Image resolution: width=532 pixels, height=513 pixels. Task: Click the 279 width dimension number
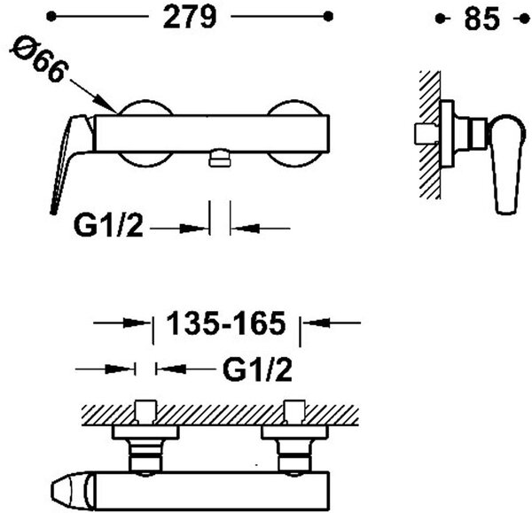[x=190, y=17]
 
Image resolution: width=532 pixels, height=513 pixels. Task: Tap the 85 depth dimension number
[x=481, y=19]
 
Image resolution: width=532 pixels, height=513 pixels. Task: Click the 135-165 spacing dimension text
[x=226, y=323]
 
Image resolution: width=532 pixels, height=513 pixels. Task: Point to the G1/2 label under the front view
[x=108, y=226]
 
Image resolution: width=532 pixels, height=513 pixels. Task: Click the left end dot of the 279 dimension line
[x=51, y=16]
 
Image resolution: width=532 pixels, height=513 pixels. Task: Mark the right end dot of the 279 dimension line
[x=328, y=16]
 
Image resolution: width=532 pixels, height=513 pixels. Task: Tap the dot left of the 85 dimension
[x=440, y=19]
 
